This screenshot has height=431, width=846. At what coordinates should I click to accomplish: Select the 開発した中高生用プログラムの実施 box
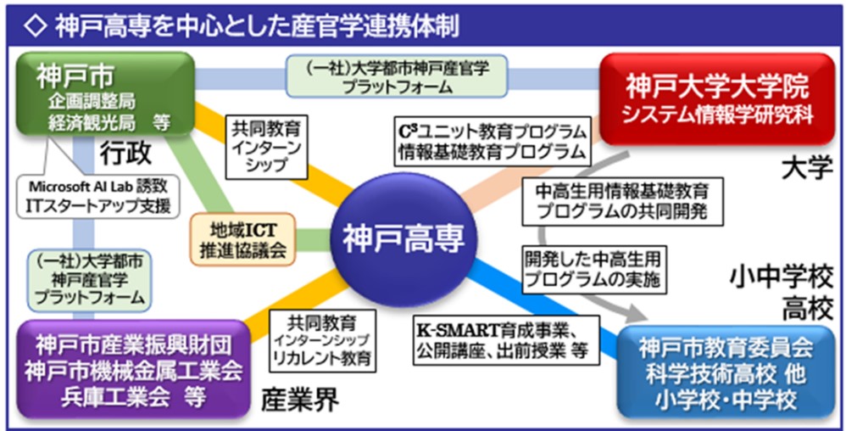[x=593, y=266]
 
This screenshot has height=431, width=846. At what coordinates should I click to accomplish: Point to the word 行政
[x=128, y=154]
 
